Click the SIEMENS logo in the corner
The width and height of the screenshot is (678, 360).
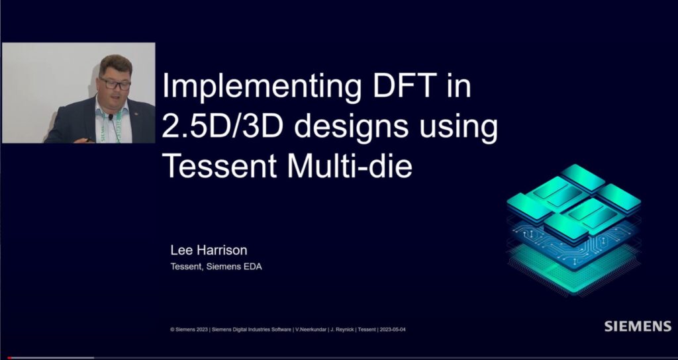tap(637, 326)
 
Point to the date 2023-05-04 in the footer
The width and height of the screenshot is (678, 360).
tap(389, 329)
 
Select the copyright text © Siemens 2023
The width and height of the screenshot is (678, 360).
tap(190, 329)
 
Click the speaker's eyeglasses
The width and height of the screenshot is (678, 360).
tap(115, 84)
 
